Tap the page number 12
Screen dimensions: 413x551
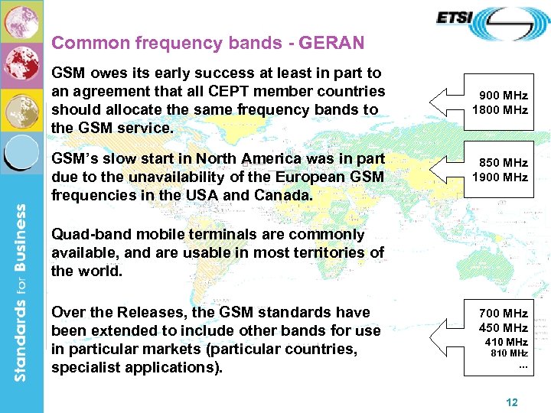[512, 402]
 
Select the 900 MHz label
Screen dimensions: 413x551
[503, 96]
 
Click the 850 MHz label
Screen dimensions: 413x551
[503, 163]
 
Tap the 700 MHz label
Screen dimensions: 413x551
[503, 314]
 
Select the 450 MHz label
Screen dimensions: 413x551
[503, 328]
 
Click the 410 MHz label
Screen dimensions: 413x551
[506, 342]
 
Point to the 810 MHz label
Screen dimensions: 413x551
[509, 353]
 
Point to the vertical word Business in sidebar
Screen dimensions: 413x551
[21, 252]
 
